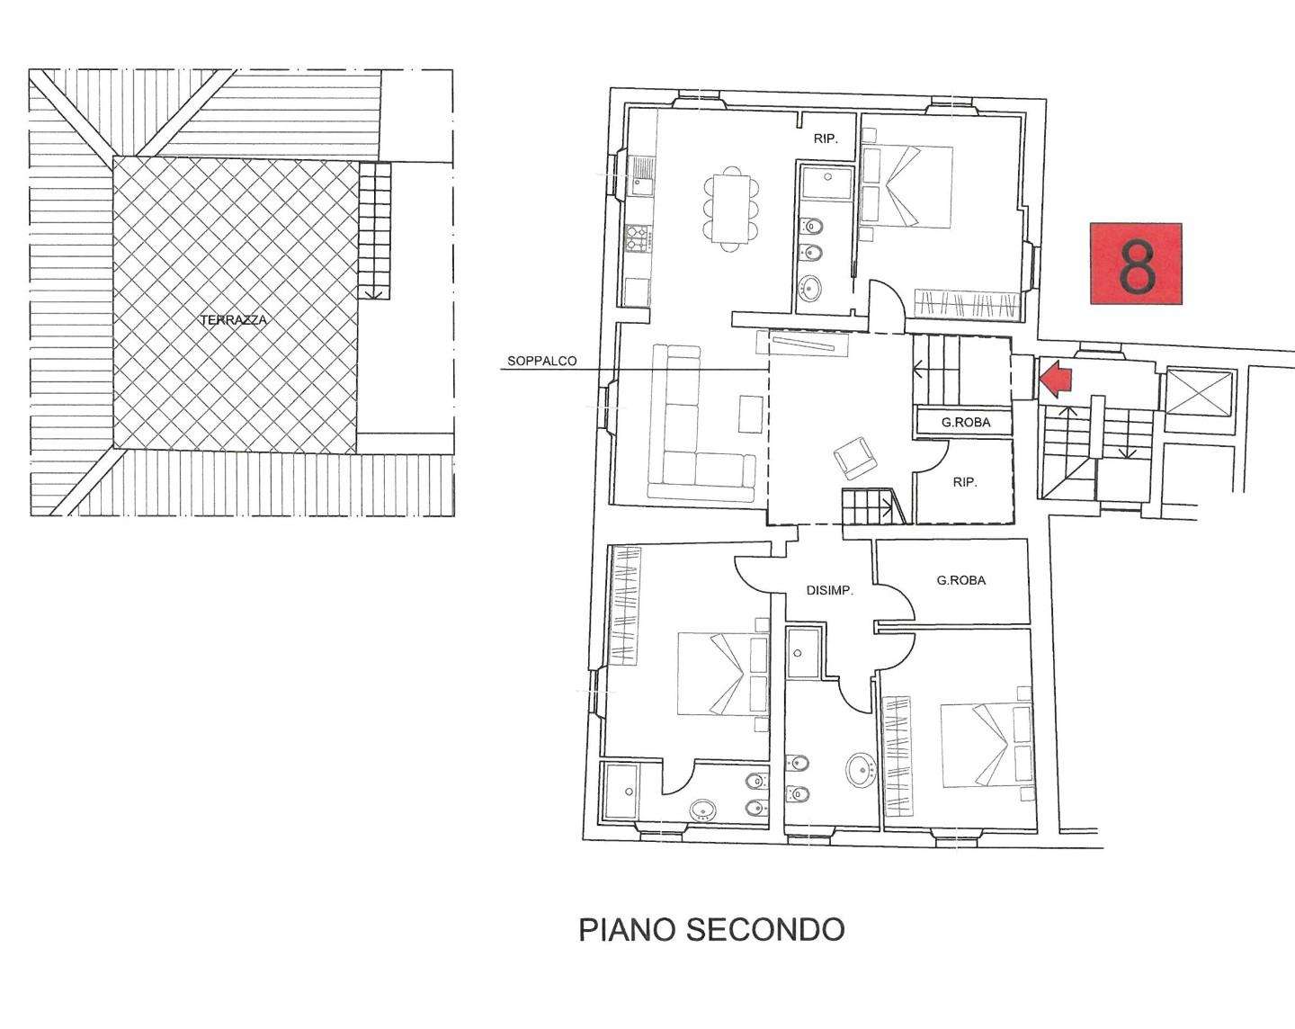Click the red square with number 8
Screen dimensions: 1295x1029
1136,264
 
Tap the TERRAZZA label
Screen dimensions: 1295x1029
234,320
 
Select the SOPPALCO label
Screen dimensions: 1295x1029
541,362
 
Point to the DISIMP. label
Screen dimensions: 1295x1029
830,591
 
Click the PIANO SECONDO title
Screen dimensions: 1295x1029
711,930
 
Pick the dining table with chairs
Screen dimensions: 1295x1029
731,209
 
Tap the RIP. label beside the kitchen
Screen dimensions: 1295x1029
826,139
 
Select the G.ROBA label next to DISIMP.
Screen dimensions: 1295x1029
961,580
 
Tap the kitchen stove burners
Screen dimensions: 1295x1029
639,237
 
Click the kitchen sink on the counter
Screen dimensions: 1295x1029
641,176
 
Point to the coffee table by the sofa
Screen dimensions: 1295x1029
750,413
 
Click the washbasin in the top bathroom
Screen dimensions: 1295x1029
810,289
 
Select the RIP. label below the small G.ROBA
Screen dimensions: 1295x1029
965,482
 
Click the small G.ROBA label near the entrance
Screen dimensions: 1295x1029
966,423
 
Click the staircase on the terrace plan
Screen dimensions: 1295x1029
374,229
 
